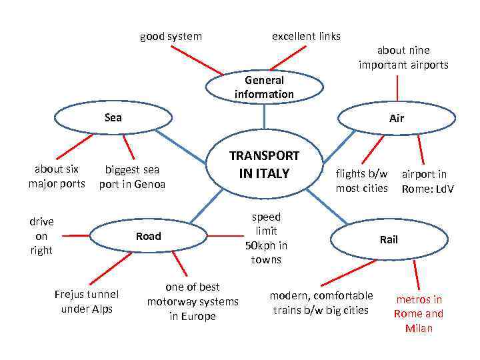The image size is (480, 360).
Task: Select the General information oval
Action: pyautogui.click(x=264, y=87)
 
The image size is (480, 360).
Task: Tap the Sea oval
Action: pyautogui.click(x=113, y=117)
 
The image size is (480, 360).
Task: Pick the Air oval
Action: pyautogui.click(x=397, y=118)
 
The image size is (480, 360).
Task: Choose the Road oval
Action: pyautogui.click(x=148, y=236)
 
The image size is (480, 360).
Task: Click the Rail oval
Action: pyautogui.click(x=388, y=239)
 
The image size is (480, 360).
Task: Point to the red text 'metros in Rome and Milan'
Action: pyautogui.click(x=419, y=314)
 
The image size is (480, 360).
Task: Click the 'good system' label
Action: pyautogui.click(x=171, y=36)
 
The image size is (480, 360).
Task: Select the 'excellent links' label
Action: pyautogui.click(x=306, y=36)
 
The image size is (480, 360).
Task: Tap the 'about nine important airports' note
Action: pyautogui.click(x=403, y=57)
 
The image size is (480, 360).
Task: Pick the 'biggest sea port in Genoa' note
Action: pyautogui.click(x=132, y=177)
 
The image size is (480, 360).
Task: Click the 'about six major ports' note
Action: pyautogui.click(x=57, y=176)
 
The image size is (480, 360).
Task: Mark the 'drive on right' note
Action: pyautogui.click(x=41, y=236)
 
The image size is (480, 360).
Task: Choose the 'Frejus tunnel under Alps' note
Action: pyautogui.click(x=87, y=301)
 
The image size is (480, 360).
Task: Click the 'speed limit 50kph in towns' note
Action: pyautogui.click(x=266, y=238)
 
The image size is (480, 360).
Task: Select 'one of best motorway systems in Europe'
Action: pyautogui.click(x=193, y=301)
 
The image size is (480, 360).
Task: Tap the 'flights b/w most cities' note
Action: pyautogui.click(x=361, y=181)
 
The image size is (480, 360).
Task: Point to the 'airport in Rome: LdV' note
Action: pyautogui.click(x=427, y=181)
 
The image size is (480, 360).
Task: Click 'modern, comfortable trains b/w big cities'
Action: pyautogui.click(x=321, y=303)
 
